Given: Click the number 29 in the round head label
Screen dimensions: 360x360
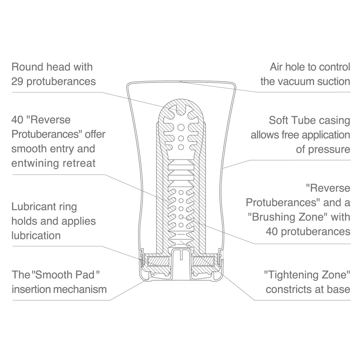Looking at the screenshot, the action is point(17,81).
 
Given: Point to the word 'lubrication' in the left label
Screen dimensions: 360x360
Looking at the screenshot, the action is point(36,235).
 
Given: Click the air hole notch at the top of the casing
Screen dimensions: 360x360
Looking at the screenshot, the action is point(181,81).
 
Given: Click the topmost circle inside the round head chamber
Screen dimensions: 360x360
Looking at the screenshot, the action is point(181,127).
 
